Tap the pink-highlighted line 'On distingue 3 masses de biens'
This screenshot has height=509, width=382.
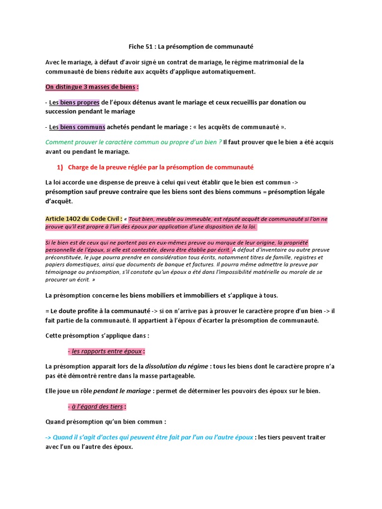[91, 87]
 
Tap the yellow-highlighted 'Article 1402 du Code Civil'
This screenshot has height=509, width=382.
[83, 219]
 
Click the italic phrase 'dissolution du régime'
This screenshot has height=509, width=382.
[177, 366]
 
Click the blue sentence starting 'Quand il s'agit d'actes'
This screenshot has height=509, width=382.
[149, 437]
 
